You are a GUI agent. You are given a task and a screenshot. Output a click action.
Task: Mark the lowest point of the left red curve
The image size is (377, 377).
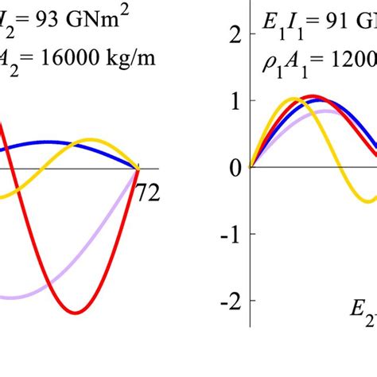(76, 313)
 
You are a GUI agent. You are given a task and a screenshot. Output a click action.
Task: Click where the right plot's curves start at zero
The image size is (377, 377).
(251, 168)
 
